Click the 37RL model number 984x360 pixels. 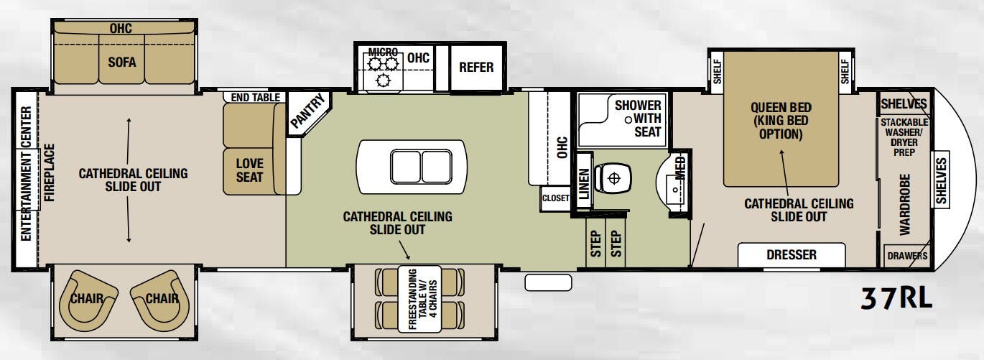[896, 297]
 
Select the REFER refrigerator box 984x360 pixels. [476, 68]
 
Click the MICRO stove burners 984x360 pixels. [383, 70]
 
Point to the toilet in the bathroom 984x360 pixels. [611, 177]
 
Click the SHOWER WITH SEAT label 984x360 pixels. [637, 119]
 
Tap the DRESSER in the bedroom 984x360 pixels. [792, 254]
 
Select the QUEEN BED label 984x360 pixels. [781, 121]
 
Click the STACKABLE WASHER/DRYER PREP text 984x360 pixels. [904, 137]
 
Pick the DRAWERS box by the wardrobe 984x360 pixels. [907, 256]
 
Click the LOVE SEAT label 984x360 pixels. [249, 170]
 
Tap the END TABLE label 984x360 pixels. [256, 97]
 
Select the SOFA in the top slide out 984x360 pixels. [122, 63]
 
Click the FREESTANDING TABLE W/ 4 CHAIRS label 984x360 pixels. [422, 299]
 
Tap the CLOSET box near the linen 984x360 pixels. [555, 198]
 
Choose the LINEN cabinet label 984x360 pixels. [584, 184]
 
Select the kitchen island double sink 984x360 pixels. [421, 167]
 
